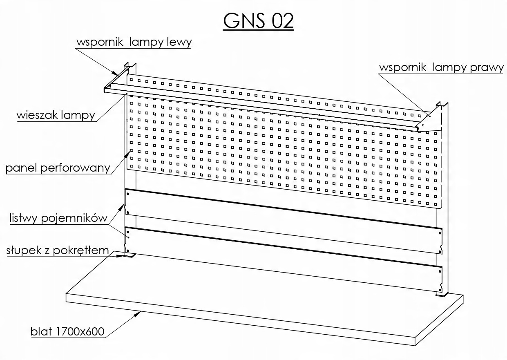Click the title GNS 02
258,21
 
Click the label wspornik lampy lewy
134,42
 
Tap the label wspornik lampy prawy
441,67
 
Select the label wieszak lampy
56,115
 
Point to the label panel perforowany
58,168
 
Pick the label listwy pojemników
58,218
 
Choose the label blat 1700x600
67,331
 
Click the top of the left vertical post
130,65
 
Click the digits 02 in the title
282,21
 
